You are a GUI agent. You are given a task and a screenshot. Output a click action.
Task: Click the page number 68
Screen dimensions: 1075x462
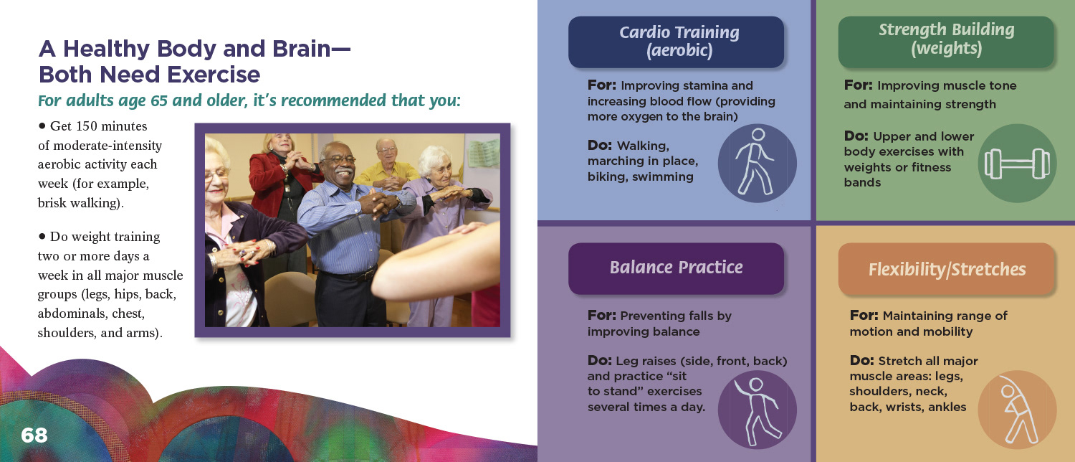(34, 435)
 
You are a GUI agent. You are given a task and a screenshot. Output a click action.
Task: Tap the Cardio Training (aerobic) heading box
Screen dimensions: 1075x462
(676, 42)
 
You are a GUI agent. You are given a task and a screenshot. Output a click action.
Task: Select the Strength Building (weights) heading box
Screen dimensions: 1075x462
(946, 42)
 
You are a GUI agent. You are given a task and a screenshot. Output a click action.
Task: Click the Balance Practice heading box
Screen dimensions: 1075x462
(676, 268)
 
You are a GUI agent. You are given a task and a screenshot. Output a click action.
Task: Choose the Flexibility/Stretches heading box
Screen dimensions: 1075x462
(946, 269)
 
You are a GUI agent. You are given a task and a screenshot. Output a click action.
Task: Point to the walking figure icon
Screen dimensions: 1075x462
(757, 163)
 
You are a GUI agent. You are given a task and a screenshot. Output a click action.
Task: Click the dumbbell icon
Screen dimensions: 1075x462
(1017, 164)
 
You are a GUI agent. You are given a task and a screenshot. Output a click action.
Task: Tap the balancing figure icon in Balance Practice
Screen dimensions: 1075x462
(757, 410)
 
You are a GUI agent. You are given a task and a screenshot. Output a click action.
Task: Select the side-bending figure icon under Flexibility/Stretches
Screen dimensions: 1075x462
(1017, 410)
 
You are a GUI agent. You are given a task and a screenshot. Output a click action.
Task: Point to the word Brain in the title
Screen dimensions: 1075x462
(302, 49)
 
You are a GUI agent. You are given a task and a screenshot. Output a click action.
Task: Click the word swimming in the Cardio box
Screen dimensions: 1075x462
(663, 177)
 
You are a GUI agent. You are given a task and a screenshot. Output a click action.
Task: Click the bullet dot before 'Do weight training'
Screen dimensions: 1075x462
(42, 236)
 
